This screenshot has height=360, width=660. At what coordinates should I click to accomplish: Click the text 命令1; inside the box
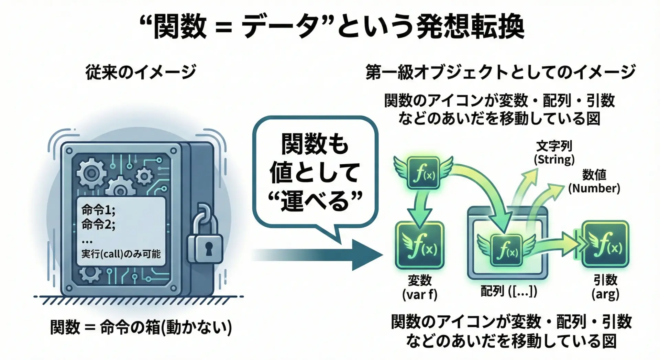(x=98, y=209)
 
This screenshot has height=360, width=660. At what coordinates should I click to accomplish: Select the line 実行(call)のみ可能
(x=121, y=254)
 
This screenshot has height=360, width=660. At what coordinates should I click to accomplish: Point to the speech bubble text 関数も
(x=315, y=144)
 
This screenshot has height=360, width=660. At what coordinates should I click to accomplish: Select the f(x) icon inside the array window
(x=507, y=250)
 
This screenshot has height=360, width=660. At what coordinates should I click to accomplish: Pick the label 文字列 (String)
(x=554, y=153)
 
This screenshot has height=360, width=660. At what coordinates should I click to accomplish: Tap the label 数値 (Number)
(x=594, y=182)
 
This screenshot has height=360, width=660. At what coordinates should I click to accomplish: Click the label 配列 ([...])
(x=509, y=291)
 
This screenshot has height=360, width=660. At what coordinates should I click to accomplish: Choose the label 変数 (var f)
(x=420, y=287)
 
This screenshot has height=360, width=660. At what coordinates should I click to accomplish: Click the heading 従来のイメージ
(x=141, y=72)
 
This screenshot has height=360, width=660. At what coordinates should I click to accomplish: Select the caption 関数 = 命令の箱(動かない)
(x=141, y=327)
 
